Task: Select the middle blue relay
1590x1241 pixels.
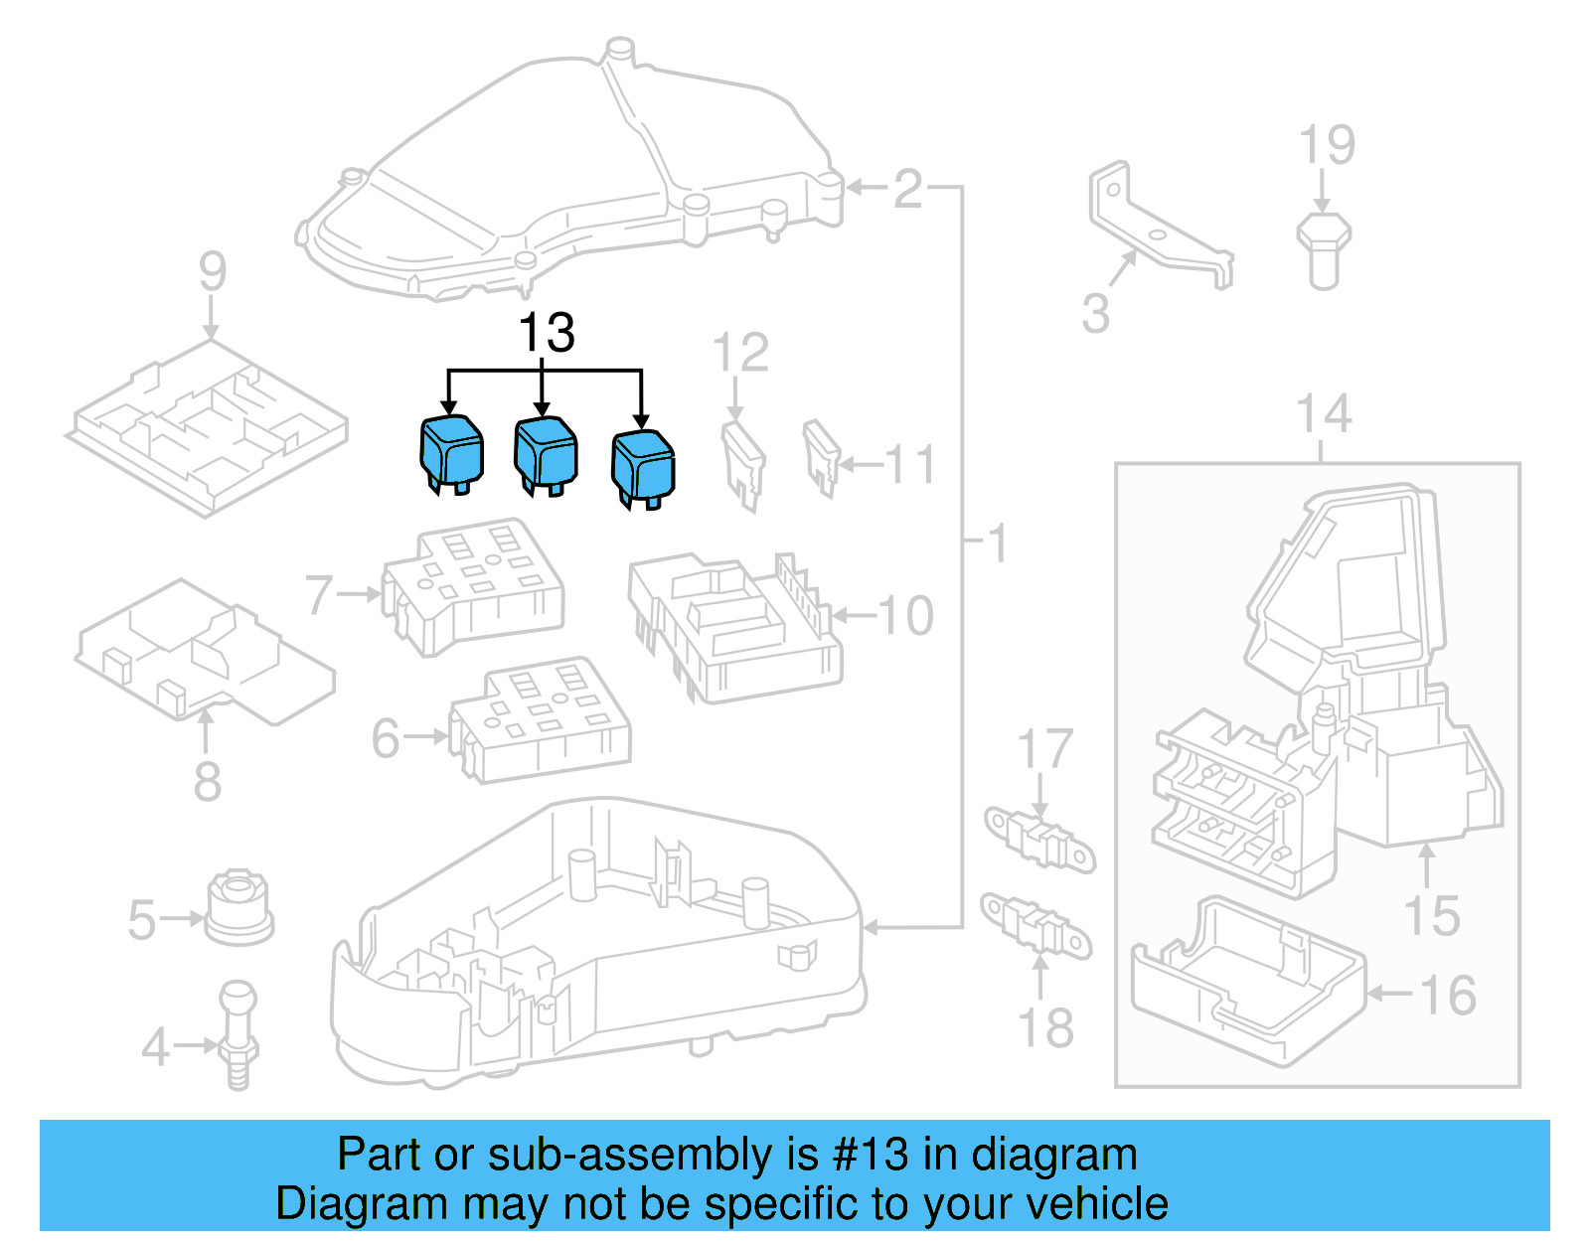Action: click(x=546, y=453)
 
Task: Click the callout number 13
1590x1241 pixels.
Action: click(x=547, y=333)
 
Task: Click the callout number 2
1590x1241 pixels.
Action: click(x=907, y=189)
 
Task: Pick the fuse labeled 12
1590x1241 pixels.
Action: click(x=742, y=463)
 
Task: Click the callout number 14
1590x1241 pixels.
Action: click(x=1324, y=414)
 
